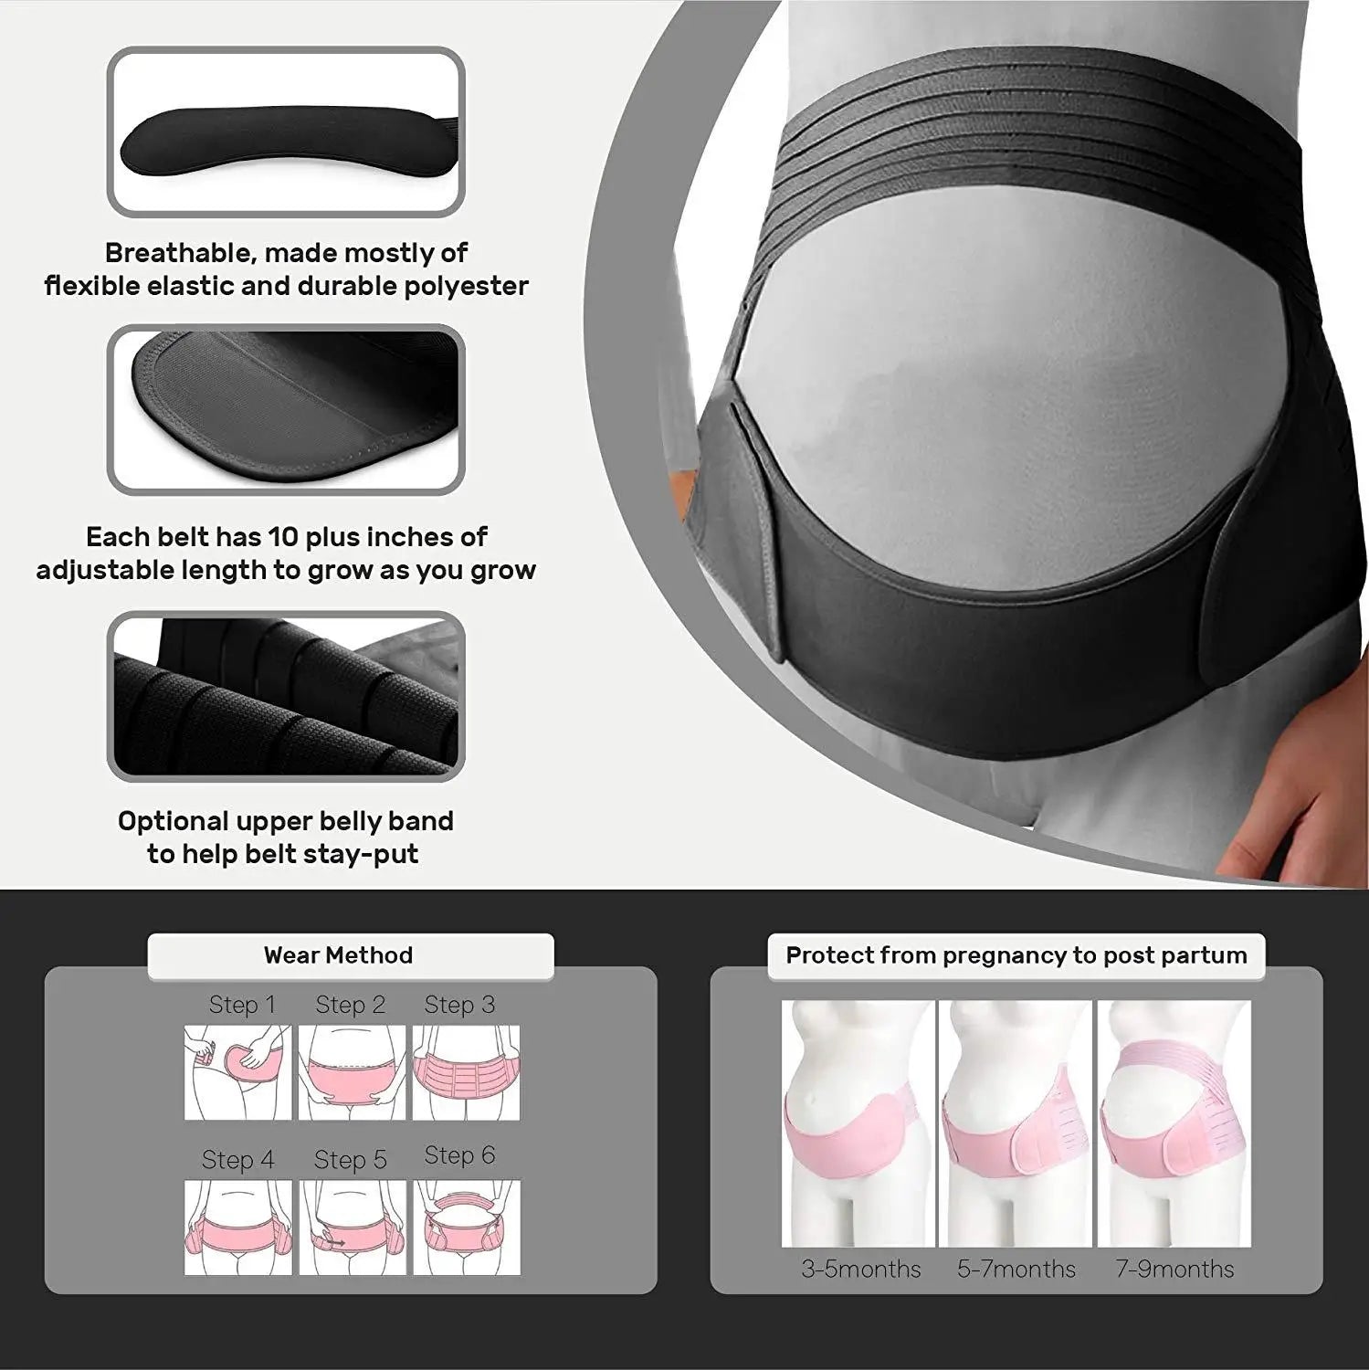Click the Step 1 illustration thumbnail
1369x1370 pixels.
[x=238, y=1072]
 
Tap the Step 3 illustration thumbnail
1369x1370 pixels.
[x=466, y=1072]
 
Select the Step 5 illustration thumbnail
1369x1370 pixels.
[x=352, y=1227]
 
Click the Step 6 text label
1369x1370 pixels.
[x=459, y=1155]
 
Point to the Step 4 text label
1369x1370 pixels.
[x=238, y=1160]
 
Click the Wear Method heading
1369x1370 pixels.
[x=339, y=955]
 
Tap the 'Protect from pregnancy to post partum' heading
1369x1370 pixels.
[x=1016, y=955]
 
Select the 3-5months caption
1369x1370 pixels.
[x=861, y=1269]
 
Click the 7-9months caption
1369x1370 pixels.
[x=1174, y=1269]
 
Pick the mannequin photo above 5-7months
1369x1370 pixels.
[x=1016, y=1123]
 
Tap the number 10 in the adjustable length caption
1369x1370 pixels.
[x=289, y=536]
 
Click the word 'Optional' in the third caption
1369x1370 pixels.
[x=173, y=821]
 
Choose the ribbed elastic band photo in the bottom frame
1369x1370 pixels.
[x=286, y=696]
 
